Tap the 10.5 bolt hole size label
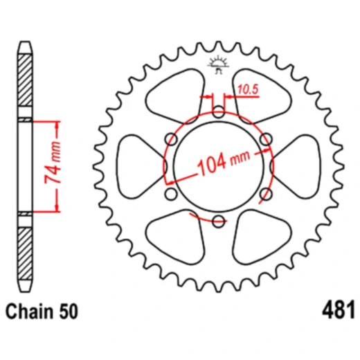pos(248,88)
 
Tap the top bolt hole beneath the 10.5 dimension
pos(219,111)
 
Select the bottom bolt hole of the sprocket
pos(219,221)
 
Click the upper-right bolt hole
pos(266,139)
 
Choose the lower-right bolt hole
pos(266,194)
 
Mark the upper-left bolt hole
pos(172,139)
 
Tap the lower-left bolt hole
pos(172,194)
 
